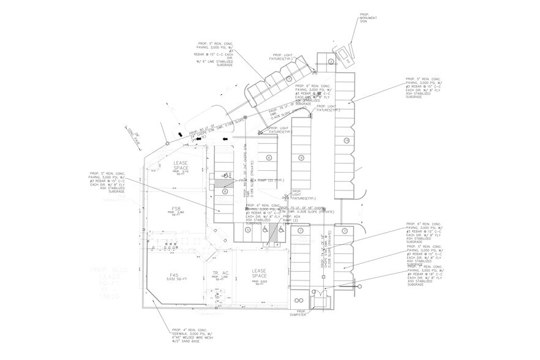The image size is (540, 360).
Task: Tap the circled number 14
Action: (346, 140)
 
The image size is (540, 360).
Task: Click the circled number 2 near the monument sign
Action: (331, 62)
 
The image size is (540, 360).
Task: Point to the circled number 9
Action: (301, 157)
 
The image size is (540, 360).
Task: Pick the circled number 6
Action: (269, 157)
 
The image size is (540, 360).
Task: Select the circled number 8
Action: (225, 192)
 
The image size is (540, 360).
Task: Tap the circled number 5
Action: (248, 230)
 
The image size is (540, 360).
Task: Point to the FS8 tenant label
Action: (176, 208)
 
